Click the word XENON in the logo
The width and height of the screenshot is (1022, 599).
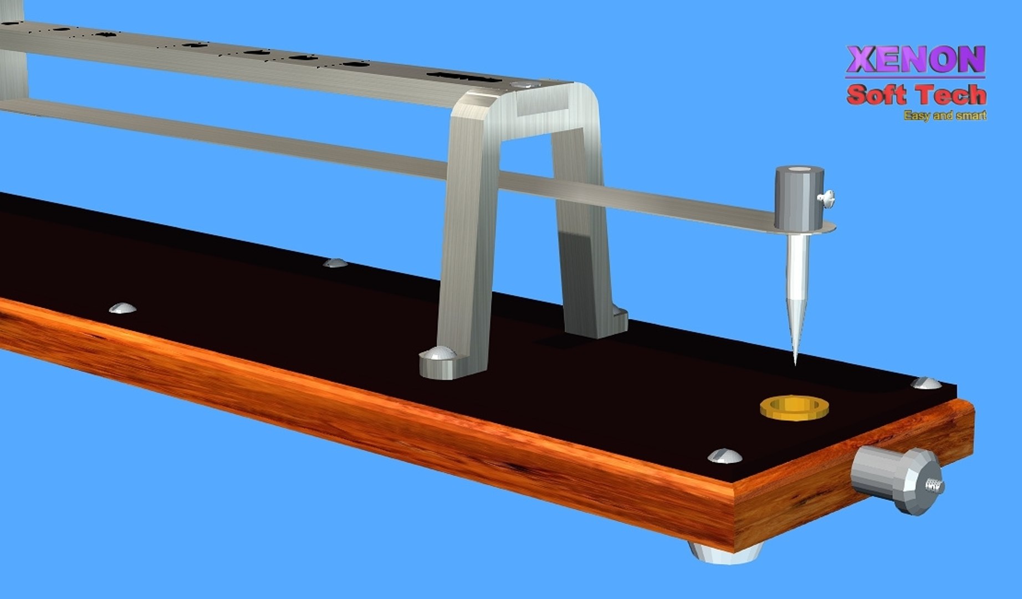(915, 60)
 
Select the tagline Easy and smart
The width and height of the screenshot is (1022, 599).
(944, 115)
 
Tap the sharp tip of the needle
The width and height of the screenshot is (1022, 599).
(795, 363)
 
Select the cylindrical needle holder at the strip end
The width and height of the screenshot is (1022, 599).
(799, 197)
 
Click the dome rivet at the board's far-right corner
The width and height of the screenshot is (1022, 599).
(926, 383)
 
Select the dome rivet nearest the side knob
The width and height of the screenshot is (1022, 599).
(725, 456)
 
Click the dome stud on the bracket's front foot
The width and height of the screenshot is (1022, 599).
(438, 353)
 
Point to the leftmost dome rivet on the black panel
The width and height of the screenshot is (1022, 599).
(122, 308)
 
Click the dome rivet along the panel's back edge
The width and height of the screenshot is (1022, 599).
(335, 262)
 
